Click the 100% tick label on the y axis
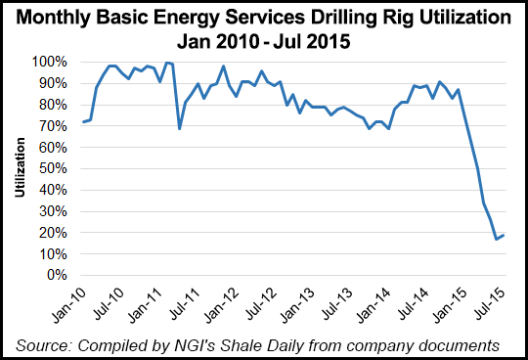click(50, 62)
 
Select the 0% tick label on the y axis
click(56, 275)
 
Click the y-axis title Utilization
click(20, 168)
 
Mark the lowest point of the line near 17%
click(496, 239)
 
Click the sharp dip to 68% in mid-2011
click(180, 128)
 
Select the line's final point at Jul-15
click(504, 235)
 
